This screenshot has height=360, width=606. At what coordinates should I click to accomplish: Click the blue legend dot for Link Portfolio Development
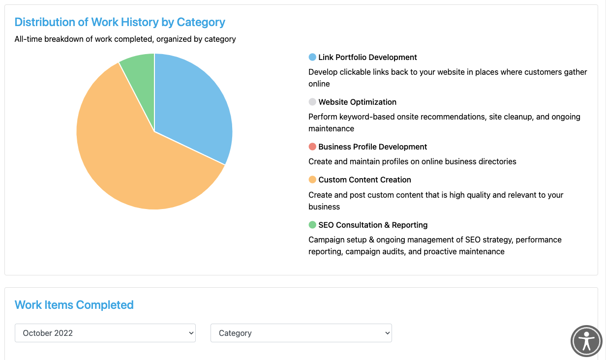click(x=312, y=57)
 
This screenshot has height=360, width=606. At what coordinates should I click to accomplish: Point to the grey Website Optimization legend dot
click(x=312, y=102)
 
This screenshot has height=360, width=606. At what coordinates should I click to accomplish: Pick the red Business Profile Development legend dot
click(x=312, y=147)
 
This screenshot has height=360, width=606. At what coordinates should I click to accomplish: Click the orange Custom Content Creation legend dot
click(x=312, y=180)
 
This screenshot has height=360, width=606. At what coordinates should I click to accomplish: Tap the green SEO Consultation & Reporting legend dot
click(x=312, y=225)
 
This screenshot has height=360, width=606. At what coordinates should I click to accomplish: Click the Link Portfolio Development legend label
click(x=367, y=57)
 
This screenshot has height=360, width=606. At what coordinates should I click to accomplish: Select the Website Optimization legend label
click(x=357, y=102)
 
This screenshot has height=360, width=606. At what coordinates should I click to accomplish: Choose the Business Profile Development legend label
click(x=372, y=147)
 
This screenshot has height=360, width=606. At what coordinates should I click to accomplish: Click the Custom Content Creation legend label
click(x=364, y=180)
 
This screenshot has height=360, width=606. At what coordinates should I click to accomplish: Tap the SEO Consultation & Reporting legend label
click(x=373, y=225)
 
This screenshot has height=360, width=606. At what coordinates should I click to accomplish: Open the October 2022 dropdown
click(x=105, y=333)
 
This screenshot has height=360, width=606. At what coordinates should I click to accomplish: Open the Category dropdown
click(x=301, y=333)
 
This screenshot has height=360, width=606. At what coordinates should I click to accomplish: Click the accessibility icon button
click(x=586, y=340)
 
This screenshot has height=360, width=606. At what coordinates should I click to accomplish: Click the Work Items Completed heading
click(x=74, y=305)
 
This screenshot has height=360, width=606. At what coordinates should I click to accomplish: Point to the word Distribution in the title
click(x=45, y=22)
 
